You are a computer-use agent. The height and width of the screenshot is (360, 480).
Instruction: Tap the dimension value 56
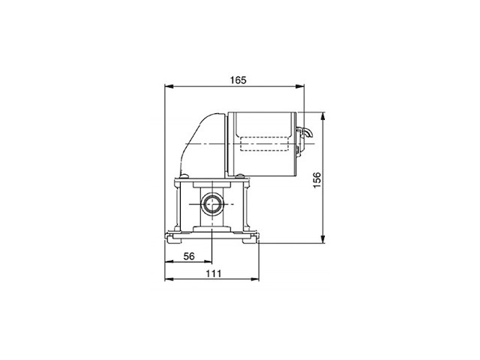click(x=189, y=256)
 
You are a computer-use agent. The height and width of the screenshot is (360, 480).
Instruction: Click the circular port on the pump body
click(x=211, y=203)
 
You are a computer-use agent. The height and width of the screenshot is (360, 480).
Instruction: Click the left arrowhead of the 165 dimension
click(x=167, y=86)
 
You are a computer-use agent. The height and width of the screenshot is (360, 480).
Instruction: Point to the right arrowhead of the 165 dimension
click(x=304, y=86)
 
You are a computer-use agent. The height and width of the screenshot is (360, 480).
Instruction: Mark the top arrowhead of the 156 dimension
click(x=323, y=115)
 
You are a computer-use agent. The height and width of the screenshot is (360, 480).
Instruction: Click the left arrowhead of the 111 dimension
click(x=167, y=280)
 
